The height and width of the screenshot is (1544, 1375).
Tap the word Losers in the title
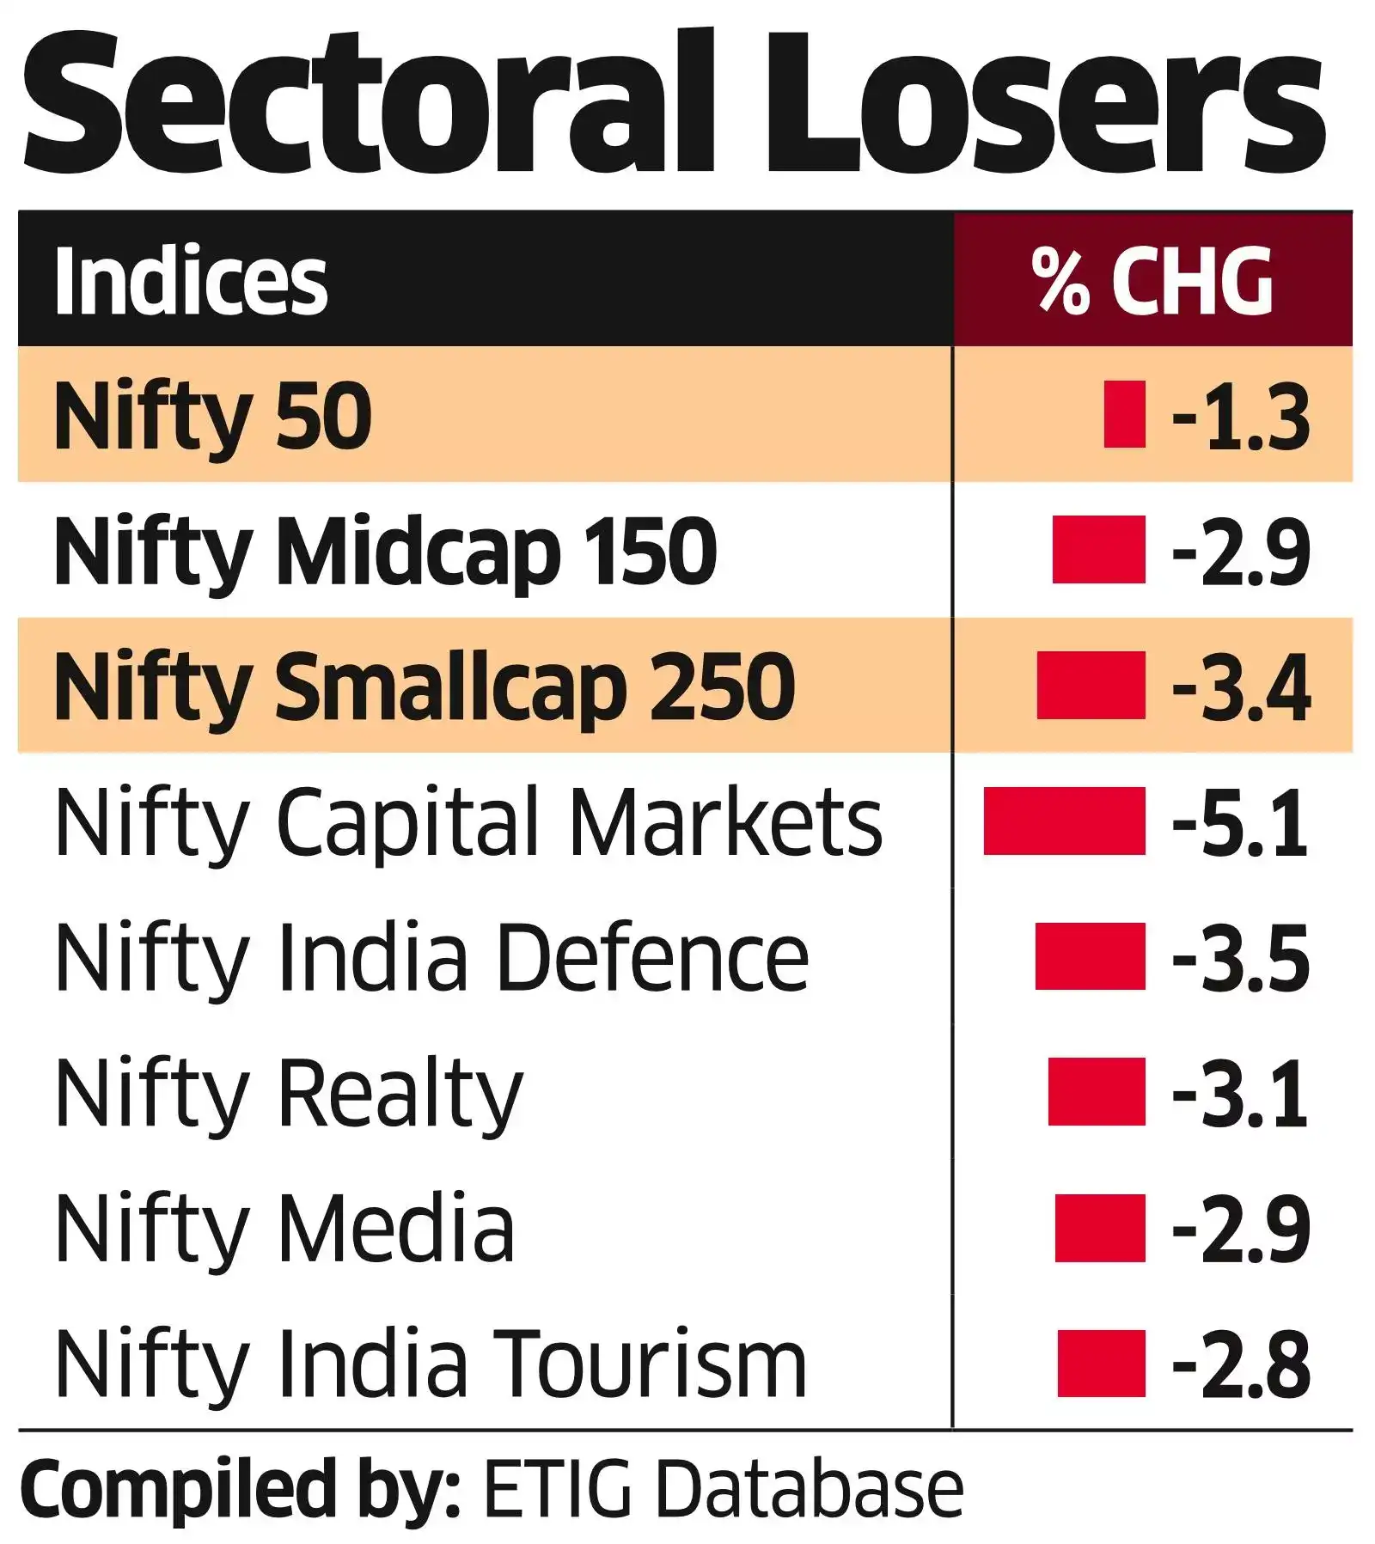tap(1044, 103)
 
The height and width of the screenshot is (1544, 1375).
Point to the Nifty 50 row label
tap(213, 416)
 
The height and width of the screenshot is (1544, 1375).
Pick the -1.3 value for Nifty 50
tap(1241, 416)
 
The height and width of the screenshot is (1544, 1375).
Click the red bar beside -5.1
tap(1064, 821)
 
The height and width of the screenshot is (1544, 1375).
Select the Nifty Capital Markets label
tap(468, 822)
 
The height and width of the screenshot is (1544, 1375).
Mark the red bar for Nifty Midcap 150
tap(1098, 550)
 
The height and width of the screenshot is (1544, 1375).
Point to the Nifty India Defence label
tap(431, 957)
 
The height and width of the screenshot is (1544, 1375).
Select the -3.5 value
tap(1241, 957)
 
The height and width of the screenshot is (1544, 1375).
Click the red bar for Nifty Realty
tap(1097, 1091)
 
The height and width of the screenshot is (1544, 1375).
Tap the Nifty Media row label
tap(284, 1229)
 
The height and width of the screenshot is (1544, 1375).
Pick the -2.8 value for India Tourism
tap(1241, 1364)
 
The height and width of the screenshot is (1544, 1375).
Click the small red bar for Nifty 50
tap(1124, 414)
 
